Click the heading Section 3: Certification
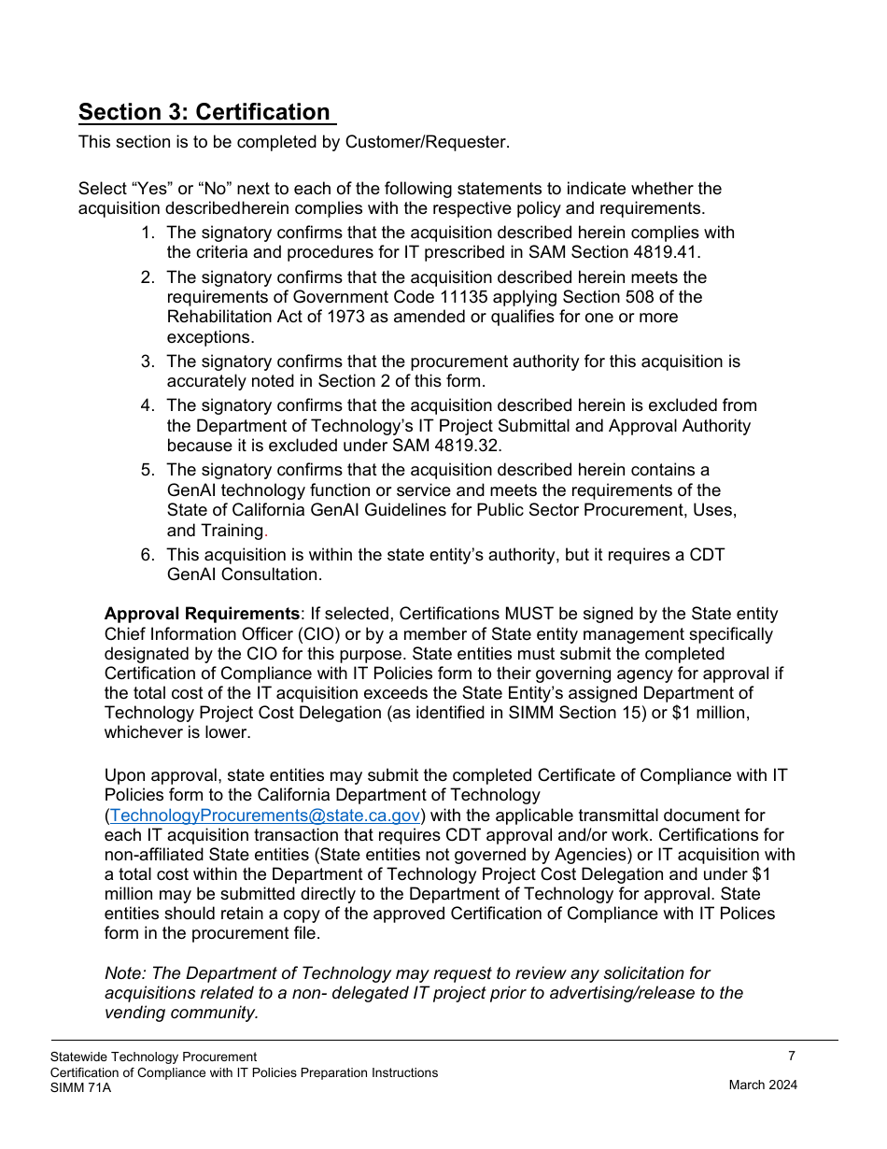click(x=204, y=112)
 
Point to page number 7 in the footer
click(x=791, y=1057)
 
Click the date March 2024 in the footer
click(x=763, y=1085)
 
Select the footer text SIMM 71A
click(x=80, y=1087)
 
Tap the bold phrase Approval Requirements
click(x=202, y=614)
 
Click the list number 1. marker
click(x=148, y=233)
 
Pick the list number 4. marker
click(x=148, y=405)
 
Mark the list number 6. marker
click(x=148, y=555)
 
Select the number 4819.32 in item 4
click(x=468, y=446)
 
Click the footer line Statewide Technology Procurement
click(x=153, y=1057)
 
